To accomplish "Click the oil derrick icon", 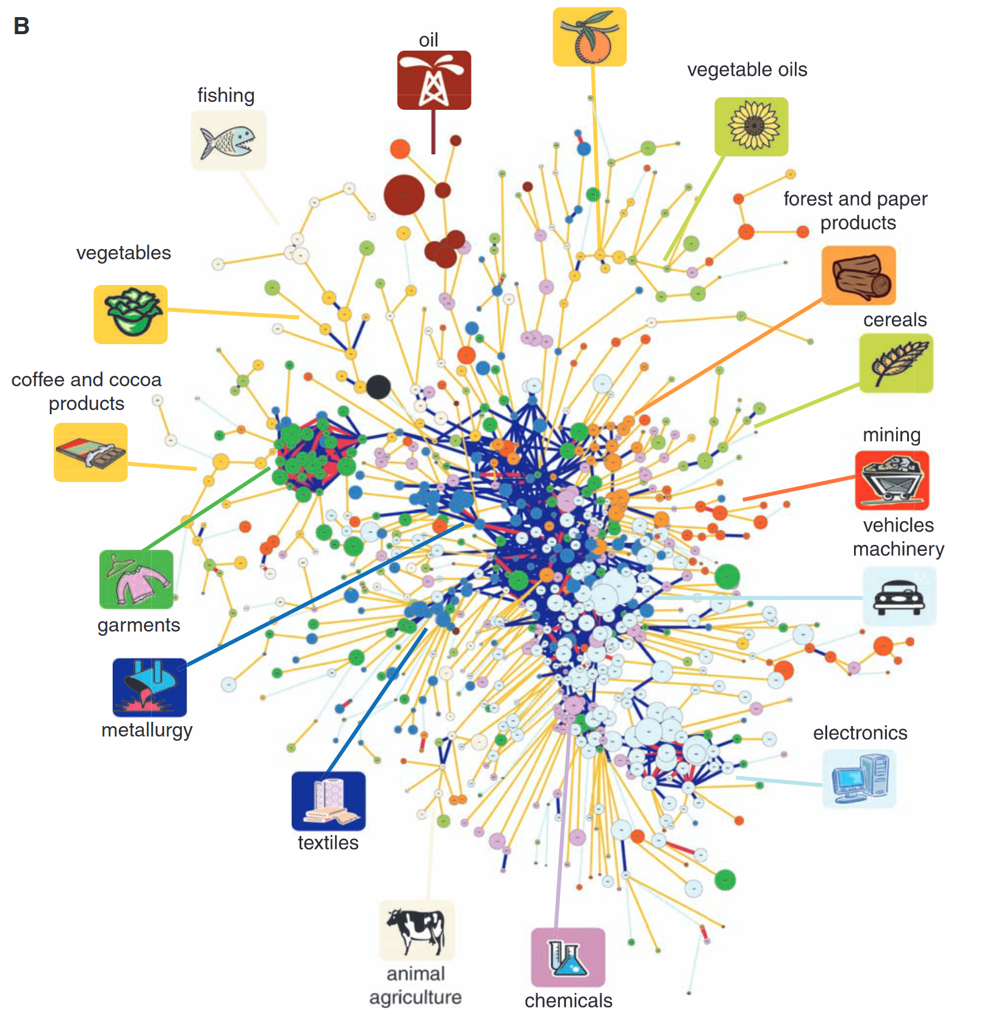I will (x=434, y=80).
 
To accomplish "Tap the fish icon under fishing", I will (x=228, y=140).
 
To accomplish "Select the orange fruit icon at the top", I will (x=589, y=37).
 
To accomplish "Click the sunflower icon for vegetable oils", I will (x=751, y=126).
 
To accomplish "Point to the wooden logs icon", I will (x=858, y=275).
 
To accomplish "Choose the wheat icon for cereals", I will (x=896, y=363).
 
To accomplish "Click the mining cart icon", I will (x=892, y=480).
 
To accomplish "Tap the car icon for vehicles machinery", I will (x=899, y=596).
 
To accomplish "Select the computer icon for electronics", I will (x=859, y=779).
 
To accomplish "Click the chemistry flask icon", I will (x=568, y=957).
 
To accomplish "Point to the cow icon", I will (x=417, y=930).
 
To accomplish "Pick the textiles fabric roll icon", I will (x=328, y=801).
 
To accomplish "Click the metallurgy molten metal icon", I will (x=149, y=687).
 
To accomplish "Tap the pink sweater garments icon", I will (x=136, y=579).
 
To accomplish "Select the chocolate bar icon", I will (x=90, y=452).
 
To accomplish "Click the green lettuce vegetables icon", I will (x=131, y=314).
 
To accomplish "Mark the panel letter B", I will (x=21, y=26).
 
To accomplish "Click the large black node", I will (x=378, y=387).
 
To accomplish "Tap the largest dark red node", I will (x=404, y=195).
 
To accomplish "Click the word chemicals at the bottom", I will (x=568, y=1001).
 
